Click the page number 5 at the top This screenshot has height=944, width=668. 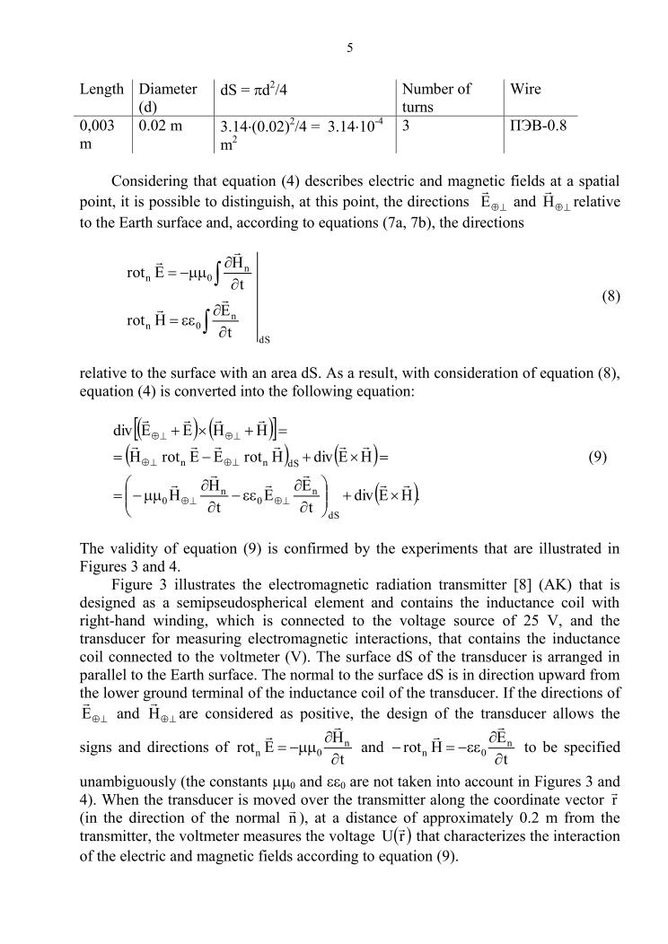pos(348,48)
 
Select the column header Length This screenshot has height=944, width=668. pos(101,89)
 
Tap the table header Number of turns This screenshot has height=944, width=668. pos(436,97)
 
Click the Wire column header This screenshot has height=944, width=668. pos(525,89)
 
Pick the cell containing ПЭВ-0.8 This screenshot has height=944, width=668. pos(538,126)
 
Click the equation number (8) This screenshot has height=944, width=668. pos(607,295)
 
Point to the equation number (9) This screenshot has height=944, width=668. pos(598,457)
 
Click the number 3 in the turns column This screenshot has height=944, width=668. pos(407,126)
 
